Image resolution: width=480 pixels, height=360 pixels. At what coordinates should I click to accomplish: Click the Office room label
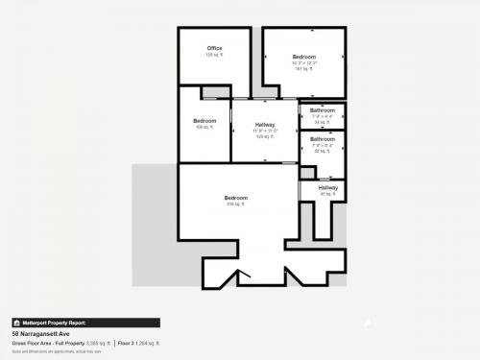point(214,48)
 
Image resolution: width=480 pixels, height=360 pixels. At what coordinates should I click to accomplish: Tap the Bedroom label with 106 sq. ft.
point(204,121)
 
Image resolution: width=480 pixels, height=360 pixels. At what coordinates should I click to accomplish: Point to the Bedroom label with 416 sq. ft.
point(236,198)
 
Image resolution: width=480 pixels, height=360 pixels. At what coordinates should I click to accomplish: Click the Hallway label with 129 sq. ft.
point(266,125)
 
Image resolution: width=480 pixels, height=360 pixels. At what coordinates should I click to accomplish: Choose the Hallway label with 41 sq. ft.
point(328,188)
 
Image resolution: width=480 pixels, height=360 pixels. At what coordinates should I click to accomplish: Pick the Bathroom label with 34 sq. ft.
point(323,110)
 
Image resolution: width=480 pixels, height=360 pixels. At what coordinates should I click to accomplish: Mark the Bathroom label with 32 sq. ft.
point(323,139)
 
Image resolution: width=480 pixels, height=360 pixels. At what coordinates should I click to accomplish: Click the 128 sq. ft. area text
point(214,55)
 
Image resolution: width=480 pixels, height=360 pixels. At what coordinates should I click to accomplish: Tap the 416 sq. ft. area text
point(236,204)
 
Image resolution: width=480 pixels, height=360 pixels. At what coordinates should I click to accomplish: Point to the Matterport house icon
point(16,323)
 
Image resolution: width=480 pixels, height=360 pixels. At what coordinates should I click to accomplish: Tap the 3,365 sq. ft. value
point(98,343)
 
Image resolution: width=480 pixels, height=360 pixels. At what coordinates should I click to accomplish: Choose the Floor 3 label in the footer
point(126,343)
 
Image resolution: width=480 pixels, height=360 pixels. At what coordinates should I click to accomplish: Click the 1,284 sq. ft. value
point(149,343)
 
